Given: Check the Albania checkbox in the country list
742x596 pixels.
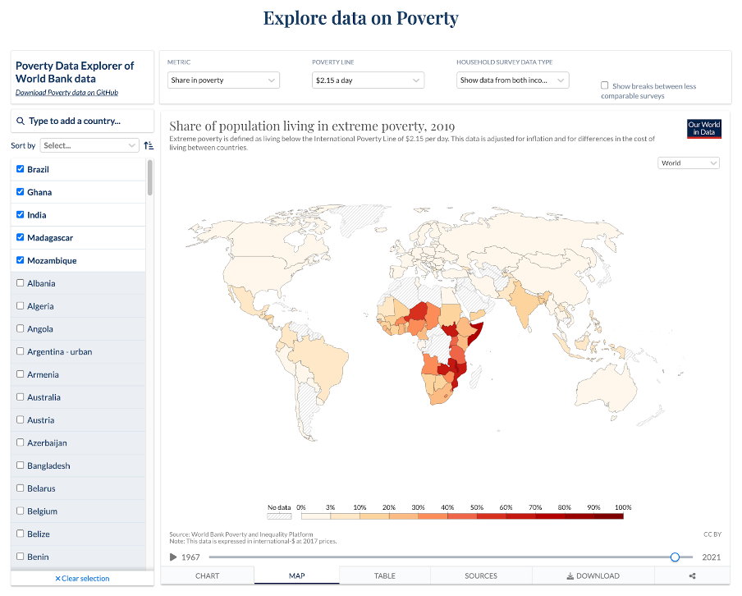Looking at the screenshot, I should (21, 283).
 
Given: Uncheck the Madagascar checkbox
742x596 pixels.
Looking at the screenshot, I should (21, 237).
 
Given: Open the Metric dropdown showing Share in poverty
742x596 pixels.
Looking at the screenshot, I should (223, 80).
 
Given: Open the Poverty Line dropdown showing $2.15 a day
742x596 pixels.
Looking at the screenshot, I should (368, 80).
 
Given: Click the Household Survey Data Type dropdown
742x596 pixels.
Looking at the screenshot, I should (512, 80).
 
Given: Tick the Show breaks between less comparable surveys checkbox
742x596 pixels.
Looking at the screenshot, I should (605, 85).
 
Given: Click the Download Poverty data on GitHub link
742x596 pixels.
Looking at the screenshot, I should (66, 93).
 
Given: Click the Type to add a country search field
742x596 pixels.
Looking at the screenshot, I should (82, 121).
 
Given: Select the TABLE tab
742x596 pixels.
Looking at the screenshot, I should (384, 575).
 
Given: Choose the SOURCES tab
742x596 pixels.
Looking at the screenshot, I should (481, 575).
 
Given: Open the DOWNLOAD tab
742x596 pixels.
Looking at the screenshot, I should (593, 575).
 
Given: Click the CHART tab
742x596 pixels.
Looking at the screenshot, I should (208, 575).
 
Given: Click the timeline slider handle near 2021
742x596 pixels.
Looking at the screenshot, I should (675, 557).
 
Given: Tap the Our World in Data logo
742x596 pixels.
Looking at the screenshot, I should (704, 129).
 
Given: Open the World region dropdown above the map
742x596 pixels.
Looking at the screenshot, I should (689, 163).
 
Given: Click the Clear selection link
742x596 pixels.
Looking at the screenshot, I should (82, 579).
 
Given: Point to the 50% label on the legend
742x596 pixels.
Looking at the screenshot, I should (476, 507).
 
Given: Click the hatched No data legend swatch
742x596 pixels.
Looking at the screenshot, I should (279, 516).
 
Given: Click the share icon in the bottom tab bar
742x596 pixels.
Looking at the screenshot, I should (692, 575).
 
